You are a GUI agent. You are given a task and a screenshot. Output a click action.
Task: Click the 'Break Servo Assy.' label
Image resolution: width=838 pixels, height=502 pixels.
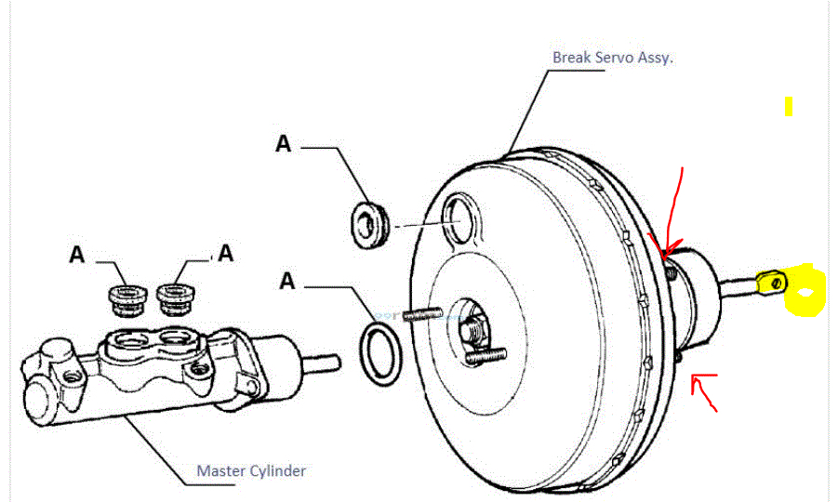coord(613,57)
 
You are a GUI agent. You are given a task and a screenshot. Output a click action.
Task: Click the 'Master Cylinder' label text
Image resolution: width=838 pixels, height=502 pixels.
coord(251,470)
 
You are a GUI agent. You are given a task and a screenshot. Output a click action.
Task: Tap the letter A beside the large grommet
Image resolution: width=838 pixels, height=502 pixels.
coord(284,144)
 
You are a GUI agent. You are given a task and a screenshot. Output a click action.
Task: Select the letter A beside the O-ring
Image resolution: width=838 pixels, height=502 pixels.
coord(287,280)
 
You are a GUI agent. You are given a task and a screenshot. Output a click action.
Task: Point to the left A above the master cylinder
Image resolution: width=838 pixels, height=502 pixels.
coord(78,254)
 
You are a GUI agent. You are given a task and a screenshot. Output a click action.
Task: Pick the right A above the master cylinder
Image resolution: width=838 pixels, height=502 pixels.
coord(225,254)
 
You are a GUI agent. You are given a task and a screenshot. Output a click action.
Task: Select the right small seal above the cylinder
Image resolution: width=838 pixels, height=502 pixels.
coord(174,297)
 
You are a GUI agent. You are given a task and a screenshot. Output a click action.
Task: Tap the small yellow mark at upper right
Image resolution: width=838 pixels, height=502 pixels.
coord(788,107)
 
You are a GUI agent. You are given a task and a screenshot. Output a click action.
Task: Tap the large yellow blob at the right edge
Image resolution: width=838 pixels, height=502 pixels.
coord(805,290)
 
